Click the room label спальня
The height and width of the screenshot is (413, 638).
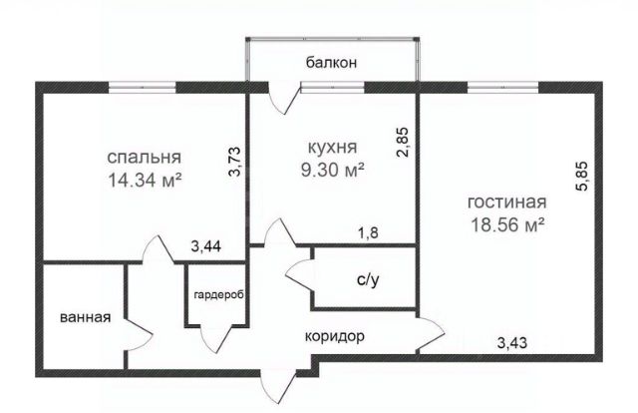click(x=145, y=158)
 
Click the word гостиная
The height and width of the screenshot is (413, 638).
click(x=505, y=203)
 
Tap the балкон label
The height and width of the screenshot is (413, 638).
click(x=331, y=63)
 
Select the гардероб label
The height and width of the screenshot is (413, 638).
click(x=218, y=294)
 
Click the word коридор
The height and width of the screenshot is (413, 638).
click(x=334, y=336)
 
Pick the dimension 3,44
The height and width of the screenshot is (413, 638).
click(x=207, y=242)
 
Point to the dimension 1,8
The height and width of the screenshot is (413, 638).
click(x=368, y=233)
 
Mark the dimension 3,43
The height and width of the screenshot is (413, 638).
click(x=514, y=344)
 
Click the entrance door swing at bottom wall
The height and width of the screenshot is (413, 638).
click(x=276, y=384)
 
